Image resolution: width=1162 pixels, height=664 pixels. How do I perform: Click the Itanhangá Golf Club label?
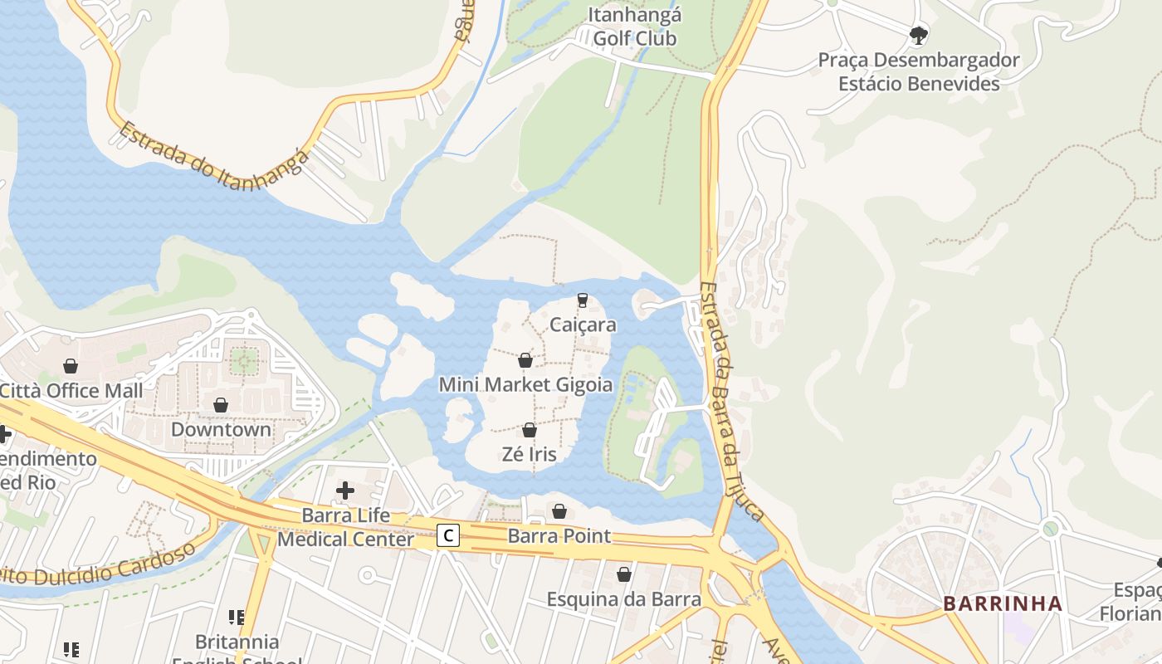[635, 27]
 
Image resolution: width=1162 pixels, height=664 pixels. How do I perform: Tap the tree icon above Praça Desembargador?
[918, 35]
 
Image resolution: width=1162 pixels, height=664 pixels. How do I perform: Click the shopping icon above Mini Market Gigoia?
[525, 360]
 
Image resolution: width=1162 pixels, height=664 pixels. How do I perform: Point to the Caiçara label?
[583, 325]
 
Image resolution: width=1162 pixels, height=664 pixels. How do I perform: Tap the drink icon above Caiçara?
[582, 300]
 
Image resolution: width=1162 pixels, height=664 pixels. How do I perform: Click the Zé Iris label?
[530, 454]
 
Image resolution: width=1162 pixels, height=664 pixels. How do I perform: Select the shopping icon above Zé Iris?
[530, 430]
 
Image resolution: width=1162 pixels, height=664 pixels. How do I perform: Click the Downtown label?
[221, 429]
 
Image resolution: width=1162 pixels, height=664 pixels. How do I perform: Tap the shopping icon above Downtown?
[221, 405]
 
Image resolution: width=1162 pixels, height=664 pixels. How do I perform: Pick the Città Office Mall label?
[71, 390]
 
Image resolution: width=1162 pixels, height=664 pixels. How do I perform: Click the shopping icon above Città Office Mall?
[71, 366]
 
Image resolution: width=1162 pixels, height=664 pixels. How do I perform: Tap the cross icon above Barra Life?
[345, 491]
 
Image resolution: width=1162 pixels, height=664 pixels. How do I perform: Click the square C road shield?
[448, 535]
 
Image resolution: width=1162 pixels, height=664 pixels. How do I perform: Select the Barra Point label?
[559, 535]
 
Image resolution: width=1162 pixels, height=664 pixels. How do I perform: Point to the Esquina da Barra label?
[623, 598]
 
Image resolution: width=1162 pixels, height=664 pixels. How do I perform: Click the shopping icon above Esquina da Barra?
[624, 574]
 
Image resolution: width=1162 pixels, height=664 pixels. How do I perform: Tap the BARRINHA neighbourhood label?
[1003, 603]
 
